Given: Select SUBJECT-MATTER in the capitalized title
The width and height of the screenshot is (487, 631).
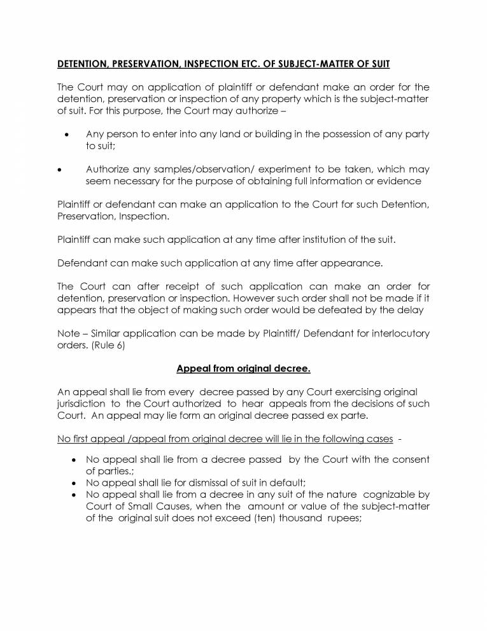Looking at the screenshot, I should tap(338, 64).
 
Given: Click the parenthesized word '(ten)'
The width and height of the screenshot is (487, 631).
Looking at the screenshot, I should tap(290, 518).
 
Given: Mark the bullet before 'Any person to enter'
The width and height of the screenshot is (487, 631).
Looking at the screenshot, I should tap(67, 134).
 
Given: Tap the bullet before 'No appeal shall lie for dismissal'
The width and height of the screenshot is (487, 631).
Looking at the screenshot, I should tap(76, 484).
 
